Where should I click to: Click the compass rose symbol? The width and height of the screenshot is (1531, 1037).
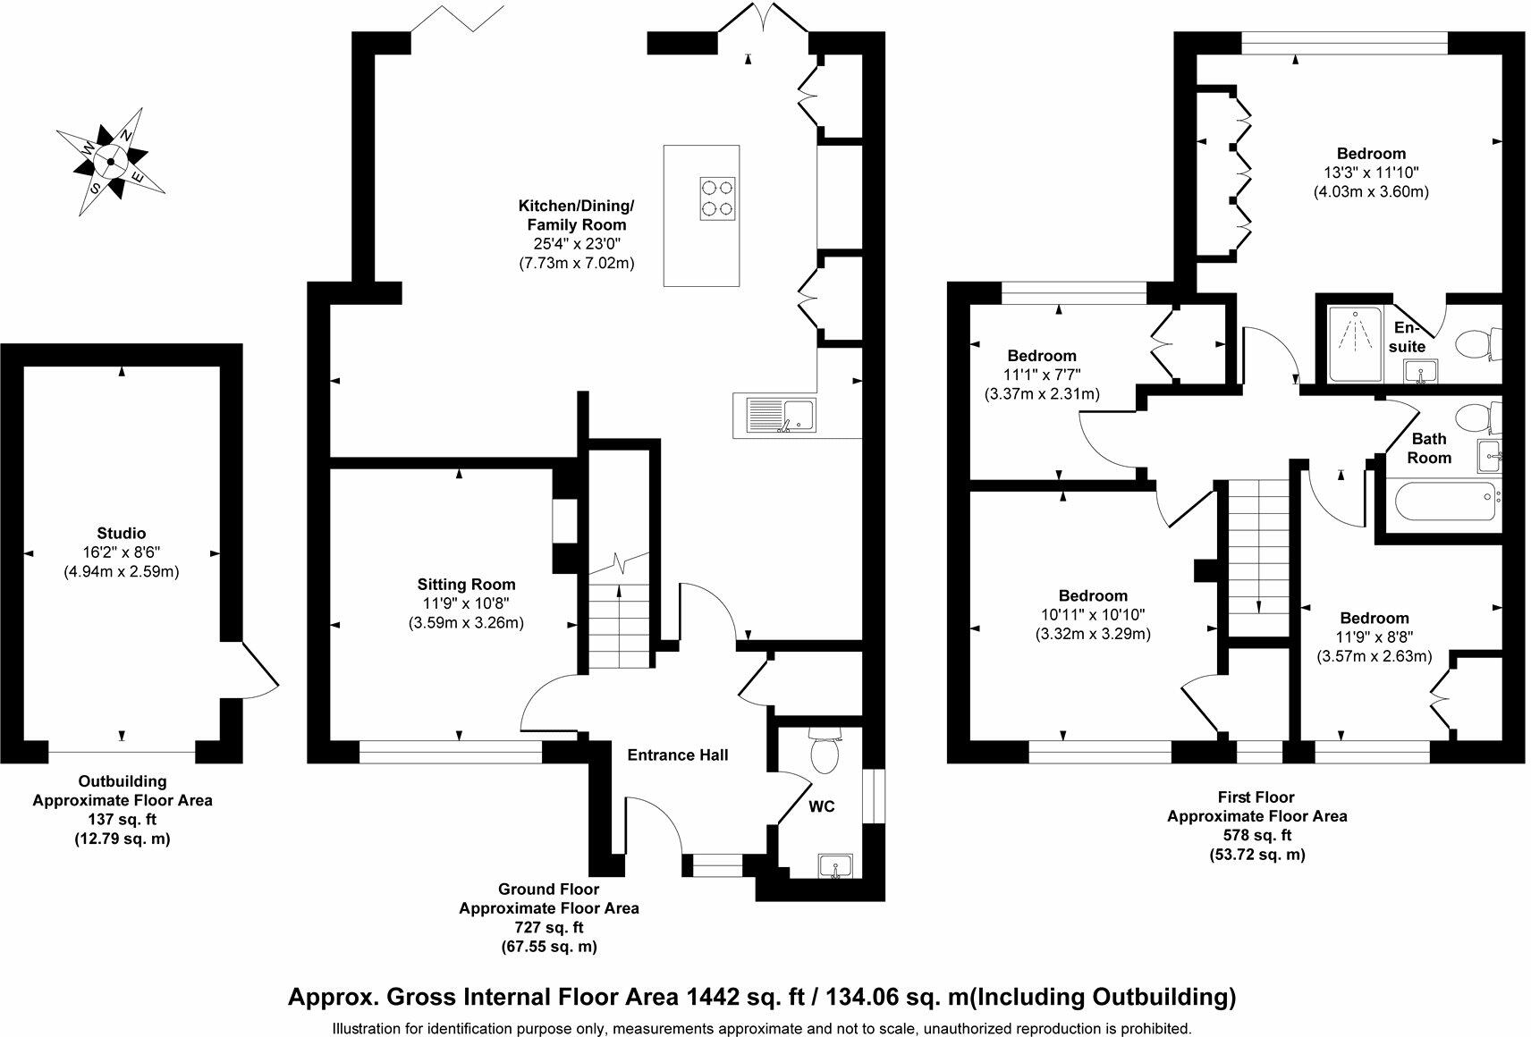coord(110,162)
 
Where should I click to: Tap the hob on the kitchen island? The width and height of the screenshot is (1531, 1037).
coord(717,198)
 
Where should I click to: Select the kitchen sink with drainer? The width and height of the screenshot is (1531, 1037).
coord(781,416)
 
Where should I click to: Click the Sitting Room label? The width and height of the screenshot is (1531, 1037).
coord(466,584)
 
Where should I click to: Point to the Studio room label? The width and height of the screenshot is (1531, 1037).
coord(121,533)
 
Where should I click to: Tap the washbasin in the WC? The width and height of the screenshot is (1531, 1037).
coord(835,864)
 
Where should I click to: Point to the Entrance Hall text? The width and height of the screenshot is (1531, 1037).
coord(677,755)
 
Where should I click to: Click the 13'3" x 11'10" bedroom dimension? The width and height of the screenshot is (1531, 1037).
coord(1371,173)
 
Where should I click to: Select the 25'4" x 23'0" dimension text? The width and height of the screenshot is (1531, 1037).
coord(576,244)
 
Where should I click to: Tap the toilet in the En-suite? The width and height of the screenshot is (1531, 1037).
coord(1478,344)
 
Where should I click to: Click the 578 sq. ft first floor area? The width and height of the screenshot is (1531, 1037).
coord(1257,835)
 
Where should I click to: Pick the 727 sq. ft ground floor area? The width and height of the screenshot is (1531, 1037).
coord(549,927)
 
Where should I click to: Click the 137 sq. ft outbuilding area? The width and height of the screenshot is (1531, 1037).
coord(123,819)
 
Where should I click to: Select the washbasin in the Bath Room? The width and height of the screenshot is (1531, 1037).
coord(1490,456)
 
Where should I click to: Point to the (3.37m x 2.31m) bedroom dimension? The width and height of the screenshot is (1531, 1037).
coord(1042,394)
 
